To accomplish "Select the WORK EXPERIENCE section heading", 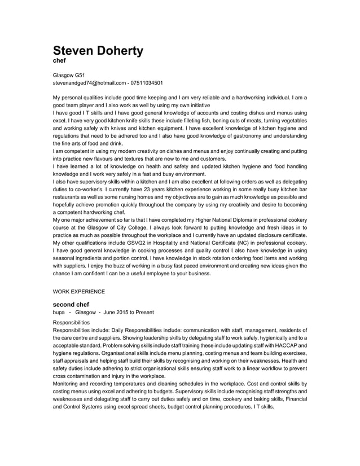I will coord(78,292).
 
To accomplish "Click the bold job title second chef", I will coord(71,304).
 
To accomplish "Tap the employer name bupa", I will coord(59,312).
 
